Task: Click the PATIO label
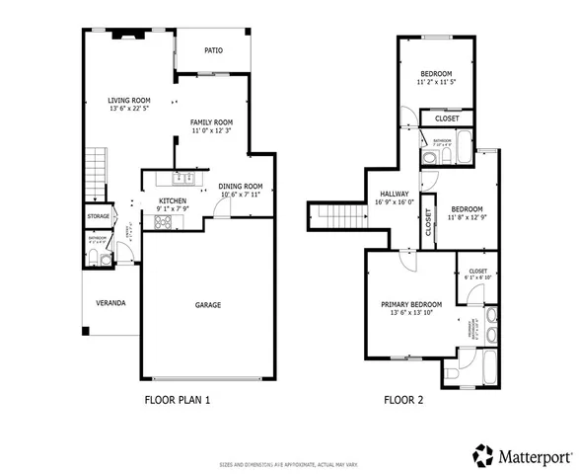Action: pyautogui.click(x=213, y=50)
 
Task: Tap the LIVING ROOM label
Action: pyautogui.click(x=129, y=100)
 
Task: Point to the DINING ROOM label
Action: pyautogui.click(x=241, y=186)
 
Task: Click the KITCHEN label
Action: pyautogui.click(x=173, y=200)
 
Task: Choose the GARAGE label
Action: pyautogui.click(x=206, y=304)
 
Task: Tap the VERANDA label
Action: pyautogui.click(x=110, y=302)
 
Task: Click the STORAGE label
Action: pyautogui.click(x=99, y=215)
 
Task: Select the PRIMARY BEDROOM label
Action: pyautogui.click(x=411, y=303)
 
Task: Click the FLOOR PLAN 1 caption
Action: pyautogui.click(x=178, y=401)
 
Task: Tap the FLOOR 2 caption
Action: pyautogui.click(x=402, y=401)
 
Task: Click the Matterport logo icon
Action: pyautogui.click(x=482, y=455)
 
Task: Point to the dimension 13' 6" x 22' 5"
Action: pyautogui.click(x=129, y=110)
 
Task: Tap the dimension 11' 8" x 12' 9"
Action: pyautogui.click(x=467, y=218)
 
